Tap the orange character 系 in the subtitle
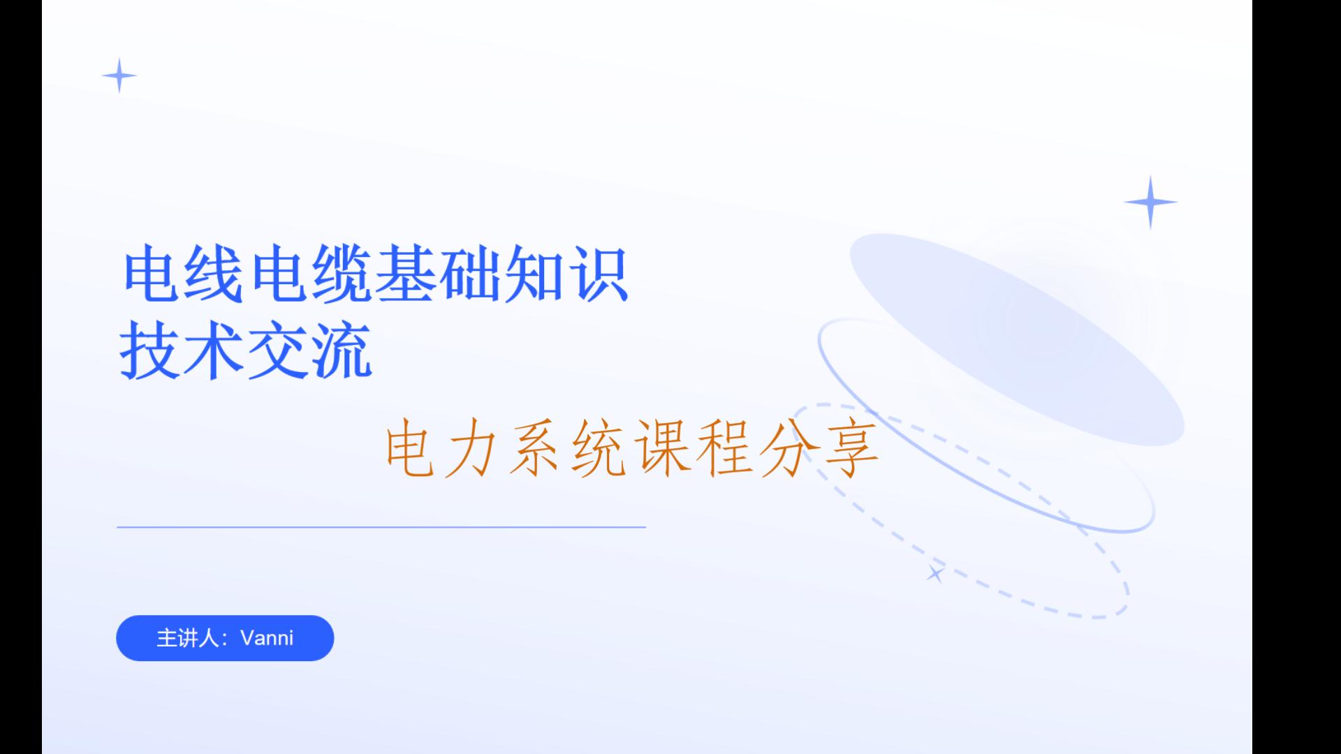pyautogui.click(x=535, y=448)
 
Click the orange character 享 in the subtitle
pyautogui.click(x=851, y=448)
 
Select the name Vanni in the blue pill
pyautogui.click(x=267, y=638)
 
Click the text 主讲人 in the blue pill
pyautogui.click(x=187, y=638)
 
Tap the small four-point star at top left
pyautogui.click(x=119, y=75)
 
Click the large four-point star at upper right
pyautogui.click(x=1150, y=202)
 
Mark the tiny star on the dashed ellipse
pyautogui.click(x=935, y=575)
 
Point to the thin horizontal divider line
pyautogui.click(x=381, y=527)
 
